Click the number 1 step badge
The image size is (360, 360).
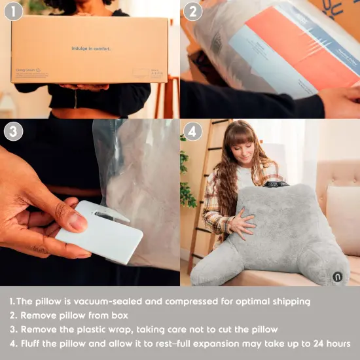click(x=13, y=12)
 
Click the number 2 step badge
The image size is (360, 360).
click(x=193, y=12)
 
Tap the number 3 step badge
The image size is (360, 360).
click(x=13, y=132)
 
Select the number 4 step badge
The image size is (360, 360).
click(x=193, y=132)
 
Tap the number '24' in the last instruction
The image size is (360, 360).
click(x=315, y=343)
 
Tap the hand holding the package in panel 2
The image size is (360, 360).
click(x=340, y=101)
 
